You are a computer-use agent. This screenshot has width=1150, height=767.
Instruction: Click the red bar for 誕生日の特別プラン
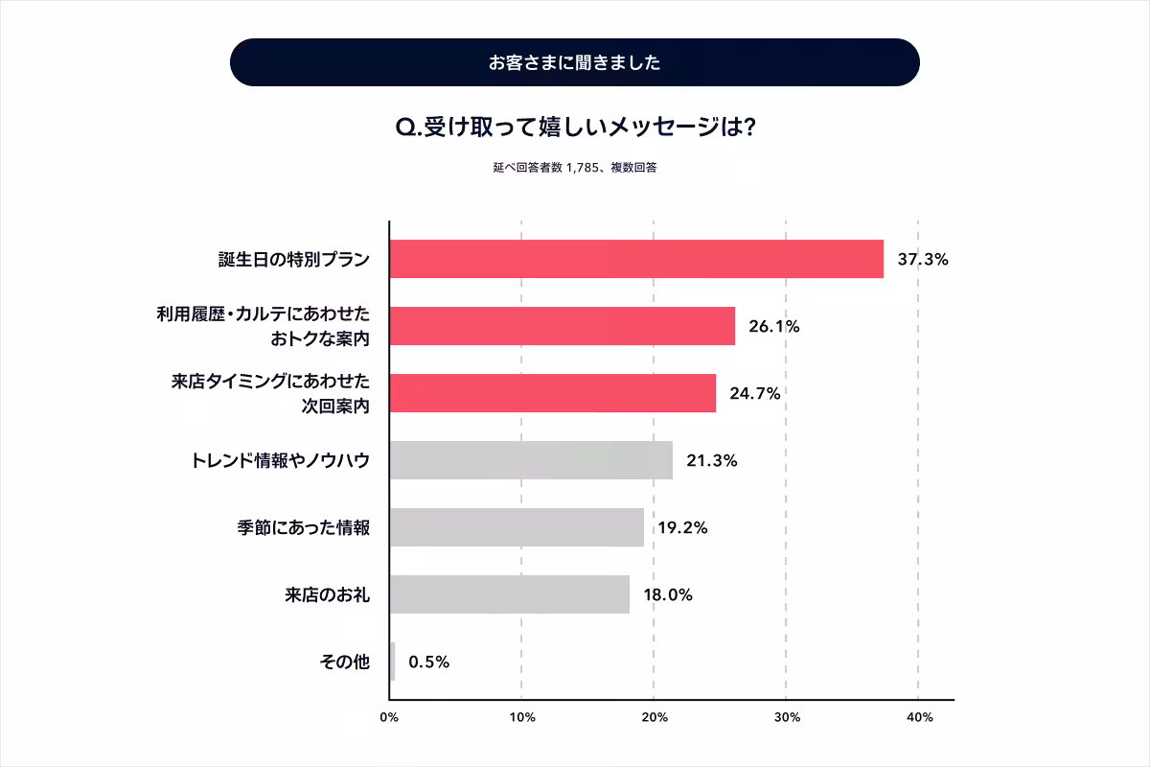(636, 259)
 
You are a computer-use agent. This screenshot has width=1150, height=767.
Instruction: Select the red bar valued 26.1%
(563, 326)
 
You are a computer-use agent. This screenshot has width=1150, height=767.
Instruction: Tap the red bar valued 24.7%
(553, 393)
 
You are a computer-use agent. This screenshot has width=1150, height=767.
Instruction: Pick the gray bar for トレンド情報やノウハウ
(531, 460)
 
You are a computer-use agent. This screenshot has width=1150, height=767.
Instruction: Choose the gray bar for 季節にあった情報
(517, 527)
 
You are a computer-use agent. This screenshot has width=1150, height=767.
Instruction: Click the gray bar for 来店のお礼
(510, 594)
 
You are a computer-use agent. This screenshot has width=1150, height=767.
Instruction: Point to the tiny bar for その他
(392, 662)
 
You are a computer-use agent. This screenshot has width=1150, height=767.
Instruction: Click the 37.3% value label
(922, 259)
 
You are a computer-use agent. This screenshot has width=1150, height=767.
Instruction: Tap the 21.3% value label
(711, 460)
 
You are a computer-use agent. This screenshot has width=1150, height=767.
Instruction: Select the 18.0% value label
(667, 594)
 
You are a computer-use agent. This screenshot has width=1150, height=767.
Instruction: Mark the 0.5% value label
(428, 662)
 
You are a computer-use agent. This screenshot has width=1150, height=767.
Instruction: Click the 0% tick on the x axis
(389, 717)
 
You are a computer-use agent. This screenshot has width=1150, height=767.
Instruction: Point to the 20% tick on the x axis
(654, 717)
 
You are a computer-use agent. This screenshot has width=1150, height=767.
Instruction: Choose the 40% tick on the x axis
(918, 717)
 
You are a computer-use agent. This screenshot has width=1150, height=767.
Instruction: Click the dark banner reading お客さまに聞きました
(575, 62)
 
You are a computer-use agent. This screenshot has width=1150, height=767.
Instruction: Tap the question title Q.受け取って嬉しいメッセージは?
(575, 127)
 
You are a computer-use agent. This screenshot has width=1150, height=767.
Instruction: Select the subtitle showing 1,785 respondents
(575, 167)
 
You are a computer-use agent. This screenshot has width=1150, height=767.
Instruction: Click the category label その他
(344, 662)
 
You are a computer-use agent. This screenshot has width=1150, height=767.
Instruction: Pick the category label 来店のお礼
(328, 594)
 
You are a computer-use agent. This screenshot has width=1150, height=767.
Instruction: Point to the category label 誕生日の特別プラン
(293, 259)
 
